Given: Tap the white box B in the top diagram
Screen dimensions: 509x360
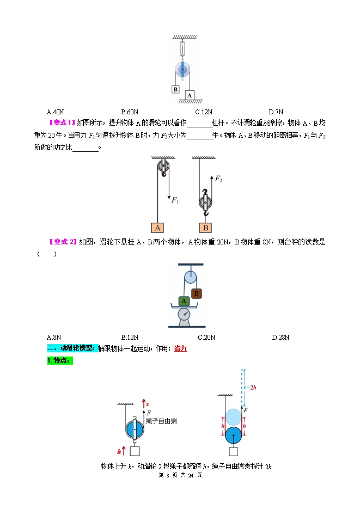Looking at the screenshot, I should (x=175, y=89).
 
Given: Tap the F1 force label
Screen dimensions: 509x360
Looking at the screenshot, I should (x=175, y=201).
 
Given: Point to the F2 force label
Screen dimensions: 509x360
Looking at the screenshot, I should (x=219, y=179).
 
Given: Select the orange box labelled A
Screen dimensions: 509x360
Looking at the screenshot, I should (x=157, y=228).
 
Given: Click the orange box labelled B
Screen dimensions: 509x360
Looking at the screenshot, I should (x=206, y=228).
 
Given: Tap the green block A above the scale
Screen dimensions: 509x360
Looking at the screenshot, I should (x=184, y=301).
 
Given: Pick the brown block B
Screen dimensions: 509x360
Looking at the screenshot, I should (x=196, y=293).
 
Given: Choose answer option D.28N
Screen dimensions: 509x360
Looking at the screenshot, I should (x=280, y=337).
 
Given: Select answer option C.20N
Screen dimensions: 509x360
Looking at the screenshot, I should (x=206, y=337).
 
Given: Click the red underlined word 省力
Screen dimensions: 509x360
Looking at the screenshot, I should (x=180, y=348).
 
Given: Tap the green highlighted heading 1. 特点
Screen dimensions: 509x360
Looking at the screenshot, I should (x=60, y=360).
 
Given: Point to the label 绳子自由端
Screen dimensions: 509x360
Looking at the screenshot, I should (x=161, y=421).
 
